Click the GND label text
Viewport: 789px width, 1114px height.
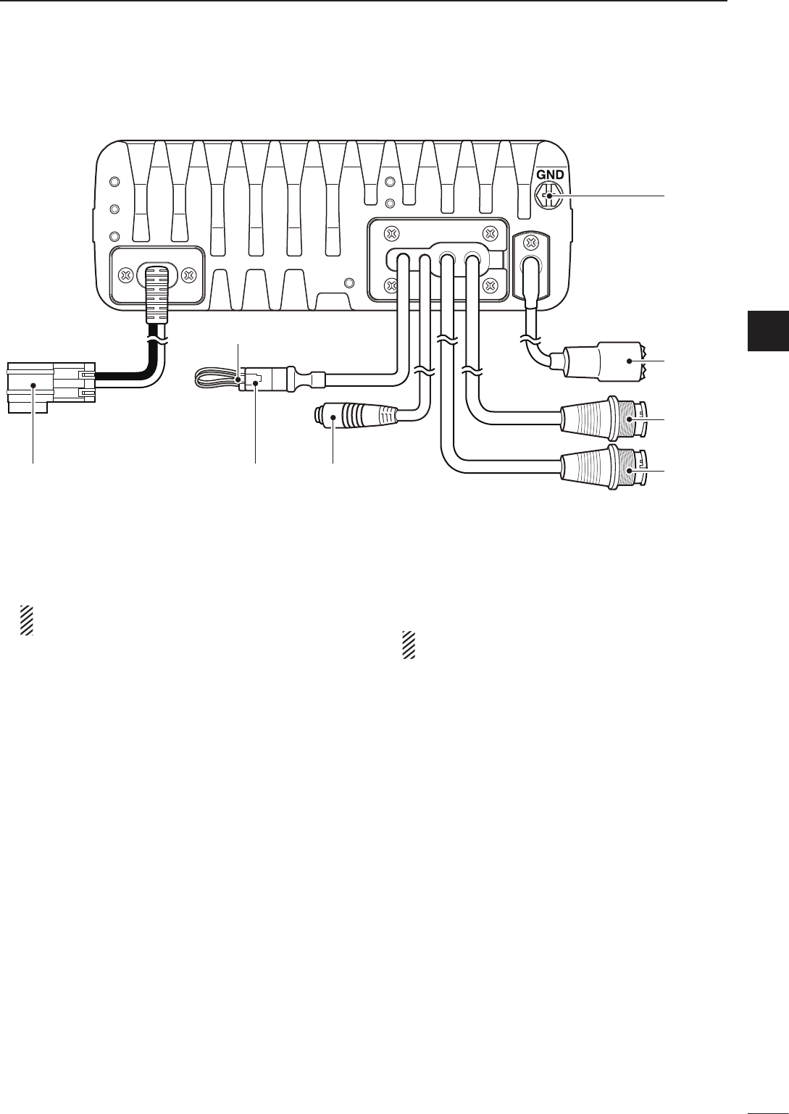[x=550, y=175]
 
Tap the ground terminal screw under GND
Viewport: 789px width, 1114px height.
[x=549, y=196]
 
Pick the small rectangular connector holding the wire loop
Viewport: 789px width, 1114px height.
[x=257, y=377]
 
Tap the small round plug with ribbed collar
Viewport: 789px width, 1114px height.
[x=332, y=418]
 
